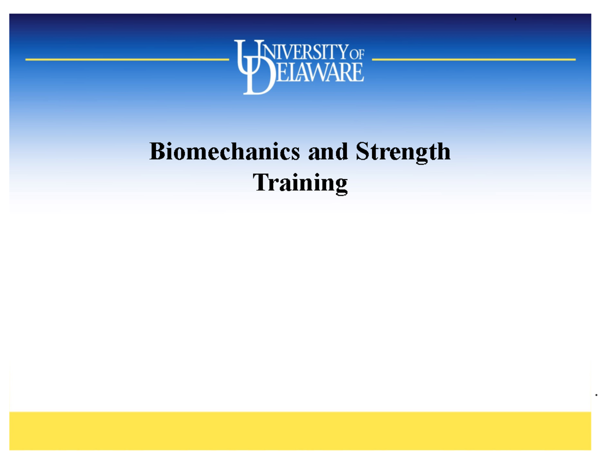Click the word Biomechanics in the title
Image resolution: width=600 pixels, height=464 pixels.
tap(224, 151)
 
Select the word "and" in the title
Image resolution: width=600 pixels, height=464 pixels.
tap(328, 151)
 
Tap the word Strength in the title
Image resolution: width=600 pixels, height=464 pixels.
tap(403, 152)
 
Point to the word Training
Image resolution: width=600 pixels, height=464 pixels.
tap(300, 183)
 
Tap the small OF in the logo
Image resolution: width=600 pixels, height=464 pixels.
tap(356, 54)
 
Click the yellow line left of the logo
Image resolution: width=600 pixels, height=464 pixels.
tap(127, 60)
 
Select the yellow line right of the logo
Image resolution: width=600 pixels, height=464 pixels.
tap(474, 60)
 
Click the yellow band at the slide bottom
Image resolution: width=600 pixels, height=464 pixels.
tap(300, 431)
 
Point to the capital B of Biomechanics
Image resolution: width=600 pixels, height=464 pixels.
tap(157, 151)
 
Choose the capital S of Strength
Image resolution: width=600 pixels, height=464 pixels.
tap(363, 151)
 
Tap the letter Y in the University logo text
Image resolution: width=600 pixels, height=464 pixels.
tap(343, 52)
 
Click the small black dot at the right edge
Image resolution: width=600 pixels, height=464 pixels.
tap(596, 395)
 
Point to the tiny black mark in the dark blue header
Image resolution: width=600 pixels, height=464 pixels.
tap(515, 19)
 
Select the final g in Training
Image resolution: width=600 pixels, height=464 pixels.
tap(341, 185)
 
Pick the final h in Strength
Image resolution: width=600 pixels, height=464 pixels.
tap(443, 151)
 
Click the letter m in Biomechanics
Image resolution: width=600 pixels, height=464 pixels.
tap(196, 154)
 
